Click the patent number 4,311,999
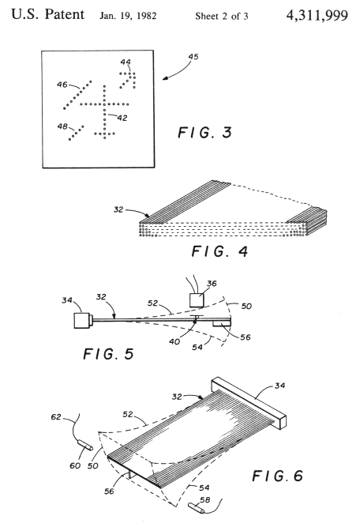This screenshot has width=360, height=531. (x=317, y=16)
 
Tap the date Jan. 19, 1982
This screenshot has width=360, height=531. (x=128, y=16)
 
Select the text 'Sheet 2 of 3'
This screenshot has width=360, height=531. (x=222, y=16)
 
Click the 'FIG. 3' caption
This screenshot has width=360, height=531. (x=205, y=132)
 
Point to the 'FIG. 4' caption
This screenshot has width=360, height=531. (x=220, y=251)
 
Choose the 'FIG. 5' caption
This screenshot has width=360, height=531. (x=109, y=354)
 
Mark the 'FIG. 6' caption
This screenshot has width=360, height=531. (x=277, y=476)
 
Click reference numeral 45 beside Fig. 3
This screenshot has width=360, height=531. (x=193, y=57)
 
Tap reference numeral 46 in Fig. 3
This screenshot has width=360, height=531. (x=62, y=85)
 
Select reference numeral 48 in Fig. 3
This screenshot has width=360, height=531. (x=62, y=126)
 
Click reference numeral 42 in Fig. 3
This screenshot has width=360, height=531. (x=122, y=118)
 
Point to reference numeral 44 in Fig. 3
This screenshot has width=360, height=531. (x=126, y=62)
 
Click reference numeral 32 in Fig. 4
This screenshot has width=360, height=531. (x=118, y=209)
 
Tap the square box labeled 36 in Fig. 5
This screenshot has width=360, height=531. (x=197, y=300)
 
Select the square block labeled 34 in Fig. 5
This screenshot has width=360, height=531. (x=83, y=320)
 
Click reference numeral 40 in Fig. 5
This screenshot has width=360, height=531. (x=174, y=341)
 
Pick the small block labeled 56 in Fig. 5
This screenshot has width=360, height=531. (x=222, y=324)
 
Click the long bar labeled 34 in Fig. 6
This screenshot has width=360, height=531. (x=249, y=402)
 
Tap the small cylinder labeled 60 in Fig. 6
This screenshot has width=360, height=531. (x=85, y=445)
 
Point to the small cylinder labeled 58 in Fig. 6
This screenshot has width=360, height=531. (x=197, y=507)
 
